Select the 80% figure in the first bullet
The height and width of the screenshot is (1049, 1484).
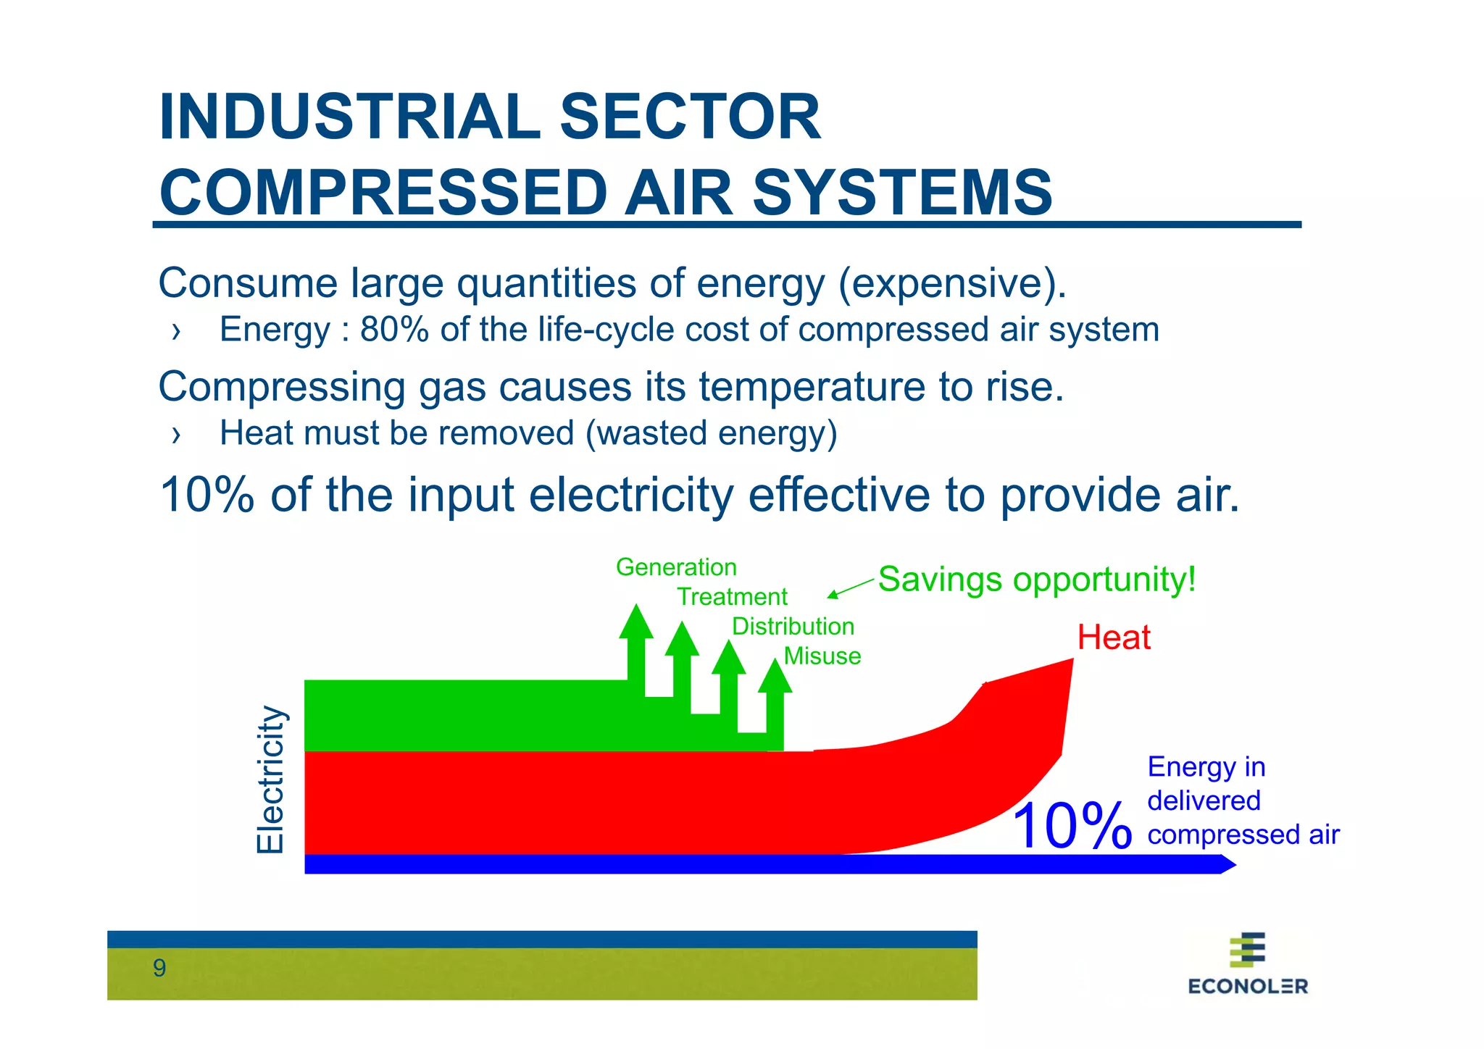tap(394, 330)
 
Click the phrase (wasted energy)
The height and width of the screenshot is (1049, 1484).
tap(711, 433)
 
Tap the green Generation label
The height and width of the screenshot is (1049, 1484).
tap(676, 567)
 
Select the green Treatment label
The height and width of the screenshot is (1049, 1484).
tap(732, 597)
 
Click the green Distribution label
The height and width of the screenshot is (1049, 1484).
tap(793, 627)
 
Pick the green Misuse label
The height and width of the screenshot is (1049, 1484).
tap(822, 656)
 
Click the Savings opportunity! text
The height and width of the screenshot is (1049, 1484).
tap(1036, 580)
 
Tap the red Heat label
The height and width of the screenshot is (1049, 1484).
tap(1113, 638)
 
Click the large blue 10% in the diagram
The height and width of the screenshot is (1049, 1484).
tap(1071, 826)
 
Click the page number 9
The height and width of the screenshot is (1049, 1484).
tap(159, 968)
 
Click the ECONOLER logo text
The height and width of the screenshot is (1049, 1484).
tap(1247, 986)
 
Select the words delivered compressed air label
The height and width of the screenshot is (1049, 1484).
tap(1242, 818)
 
